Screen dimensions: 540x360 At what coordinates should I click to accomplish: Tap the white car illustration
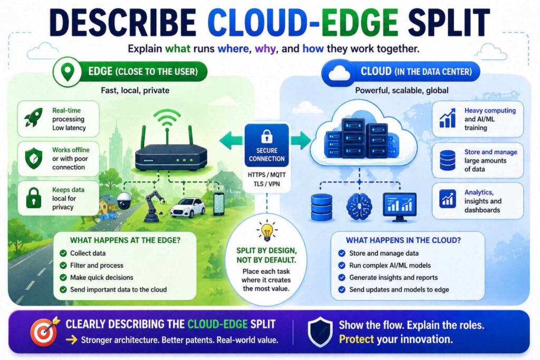click(x=187, y=207)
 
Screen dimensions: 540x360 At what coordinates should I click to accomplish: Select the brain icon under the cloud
click(x=359, y=206)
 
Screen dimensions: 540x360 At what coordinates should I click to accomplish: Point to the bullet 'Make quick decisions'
click(x=101, y=277)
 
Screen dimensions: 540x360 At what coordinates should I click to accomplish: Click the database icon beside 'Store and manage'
click(x=447, y=161)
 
